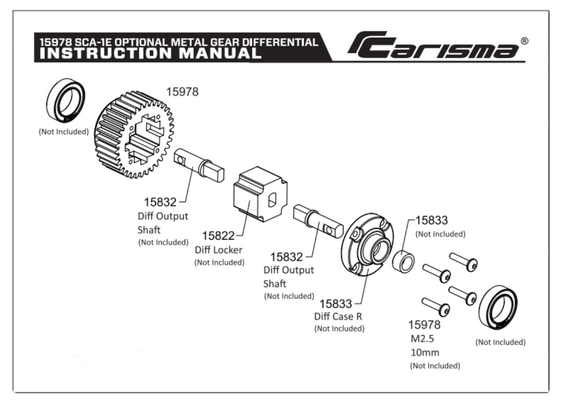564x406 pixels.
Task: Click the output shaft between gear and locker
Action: (x=199, y=165)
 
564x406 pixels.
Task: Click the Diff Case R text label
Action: (x=339, y=316)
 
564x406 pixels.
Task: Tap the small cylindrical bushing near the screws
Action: (x=403, y=262)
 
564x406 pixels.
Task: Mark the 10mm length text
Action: (x=424, y=352)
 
